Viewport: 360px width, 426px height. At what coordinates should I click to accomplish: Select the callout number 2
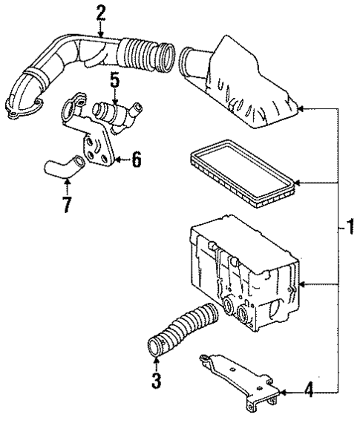(x=101, y=12)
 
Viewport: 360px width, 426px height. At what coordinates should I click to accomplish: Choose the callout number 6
(x=136, y=159)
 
